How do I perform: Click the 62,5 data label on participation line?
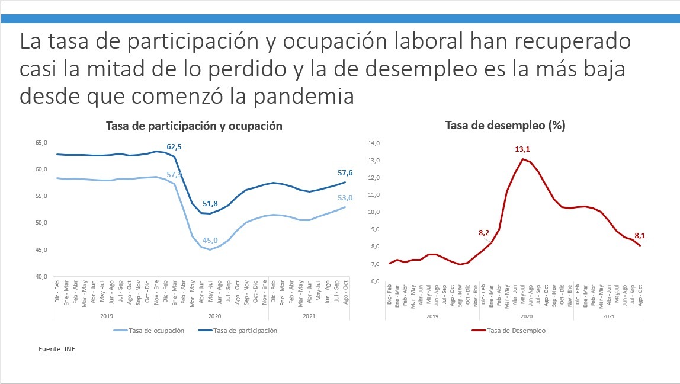click(174, 146)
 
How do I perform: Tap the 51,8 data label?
click(210, 204)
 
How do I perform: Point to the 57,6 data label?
click(345, 172)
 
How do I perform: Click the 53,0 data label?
click(345, 197)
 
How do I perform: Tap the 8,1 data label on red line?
click(640, 235)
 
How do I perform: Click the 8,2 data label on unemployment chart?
click(483, 233)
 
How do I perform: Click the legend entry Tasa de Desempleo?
click(516, 331)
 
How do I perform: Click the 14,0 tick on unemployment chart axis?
click(374, 143)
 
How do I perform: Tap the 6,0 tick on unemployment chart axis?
click(375, 281)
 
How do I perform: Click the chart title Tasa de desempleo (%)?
click(505, 126)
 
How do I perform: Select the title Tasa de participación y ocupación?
click(194, 126)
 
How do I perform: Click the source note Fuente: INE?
click(57, 349)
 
